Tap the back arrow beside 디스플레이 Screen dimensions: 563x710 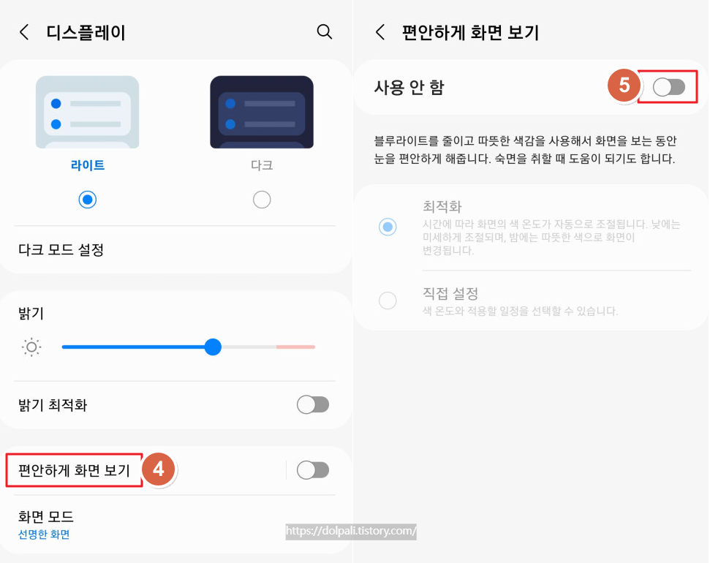[25, 32]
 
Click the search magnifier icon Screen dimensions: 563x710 [324, 31]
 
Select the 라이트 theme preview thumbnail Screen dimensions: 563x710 [87, 112]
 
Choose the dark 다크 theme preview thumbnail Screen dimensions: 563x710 [262, 112]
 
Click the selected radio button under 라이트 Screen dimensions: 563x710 [88, 200]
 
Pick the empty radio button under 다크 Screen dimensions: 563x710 [262, 200]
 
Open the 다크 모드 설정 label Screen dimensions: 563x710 [61, 250]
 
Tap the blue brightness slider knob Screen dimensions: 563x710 [213, 347]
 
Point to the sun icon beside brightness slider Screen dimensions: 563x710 [32, 347]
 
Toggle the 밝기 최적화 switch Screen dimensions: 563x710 [313, 404]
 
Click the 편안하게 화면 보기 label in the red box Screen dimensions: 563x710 [73, 470]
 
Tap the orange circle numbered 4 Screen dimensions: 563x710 [159, 469]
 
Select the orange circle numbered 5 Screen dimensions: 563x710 [624, 86]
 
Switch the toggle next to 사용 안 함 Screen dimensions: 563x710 [669, 88]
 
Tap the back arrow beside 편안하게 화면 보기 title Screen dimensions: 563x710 [379, 32]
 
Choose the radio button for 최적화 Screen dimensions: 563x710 [388, 227]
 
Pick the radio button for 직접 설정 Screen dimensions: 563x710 [388, 301]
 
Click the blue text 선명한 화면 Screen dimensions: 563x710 [44, 534]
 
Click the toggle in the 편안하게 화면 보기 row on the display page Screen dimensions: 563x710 [313, 470]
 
